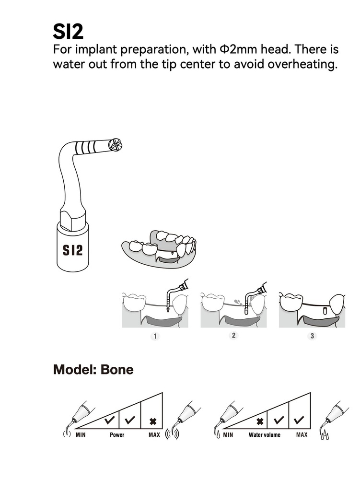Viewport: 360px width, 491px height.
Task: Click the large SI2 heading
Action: tap(68, 31)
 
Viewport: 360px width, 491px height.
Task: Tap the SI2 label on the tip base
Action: tap(73, 250)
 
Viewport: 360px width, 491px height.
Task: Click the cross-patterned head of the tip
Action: tap(116, 145)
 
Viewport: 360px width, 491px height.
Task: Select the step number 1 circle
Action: tap(155, 336)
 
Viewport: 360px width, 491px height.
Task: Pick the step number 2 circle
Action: tap(233, 335)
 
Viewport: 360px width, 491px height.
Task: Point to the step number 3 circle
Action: tap(312, 336)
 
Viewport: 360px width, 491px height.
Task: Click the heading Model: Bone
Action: tap(93, 370)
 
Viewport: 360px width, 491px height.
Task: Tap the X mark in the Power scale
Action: tap(153, 421)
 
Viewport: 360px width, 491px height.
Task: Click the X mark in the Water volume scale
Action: tap(260, 421)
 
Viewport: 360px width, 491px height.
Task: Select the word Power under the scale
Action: tap(117, 434)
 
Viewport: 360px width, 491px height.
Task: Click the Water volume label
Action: tap(265, 434)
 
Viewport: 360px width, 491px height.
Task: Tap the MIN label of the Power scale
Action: tap(81, 434)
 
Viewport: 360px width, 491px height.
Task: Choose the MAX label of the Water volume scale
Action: tap(302, 434)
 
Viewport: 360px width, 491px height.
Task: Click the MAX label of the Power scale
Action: tap(154, 434)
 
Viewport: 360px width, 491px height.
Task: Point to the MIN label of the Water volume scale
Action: tap(228, 434)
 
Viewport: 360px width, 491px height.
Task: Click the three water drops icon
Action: tap(325, 435)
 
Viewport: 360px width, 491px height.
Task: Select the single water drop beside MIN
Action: tap(218, 435)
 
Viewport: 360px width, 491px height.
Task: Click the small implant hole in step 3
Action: tap(325, 311)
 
